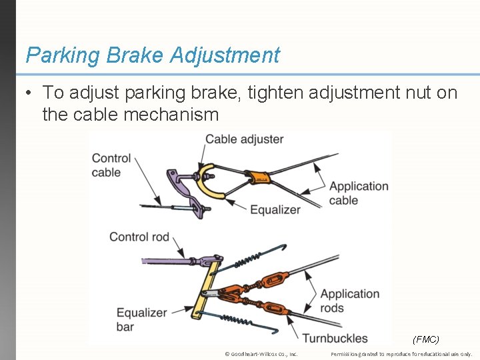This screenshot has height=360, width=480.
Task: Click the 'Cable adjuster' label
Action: tap(244, 139)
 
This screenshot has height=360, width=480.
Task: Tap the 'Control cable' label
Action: tap(111, 165)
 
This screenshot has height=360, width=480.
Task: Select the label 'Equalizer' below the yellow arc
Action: tap(275, 210)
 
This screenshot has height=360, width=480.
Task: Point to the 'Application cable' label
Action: tap(358, 193)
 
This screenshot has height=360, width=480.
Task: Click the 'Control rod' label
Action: tap(139, 237)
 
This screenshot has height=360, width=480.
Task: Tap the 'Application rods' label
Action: tap(349, 301)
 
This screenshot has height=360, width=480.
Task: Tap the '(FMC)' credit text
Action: tap(426, 339)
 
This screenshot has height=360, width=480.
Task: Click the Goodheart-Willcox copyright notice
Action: tap(262, 354)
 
